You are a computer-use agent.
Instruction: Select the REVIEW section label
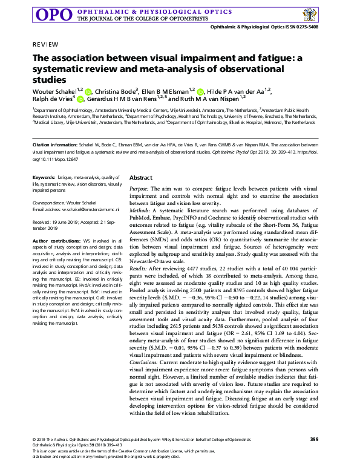coord(45,45)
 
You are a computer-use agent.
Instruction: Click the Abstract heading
coord(140,178)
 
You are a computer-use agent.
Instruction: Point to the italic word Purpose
coord(140,189)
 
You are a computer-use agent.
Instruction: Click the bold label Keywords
coord(44,177)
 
